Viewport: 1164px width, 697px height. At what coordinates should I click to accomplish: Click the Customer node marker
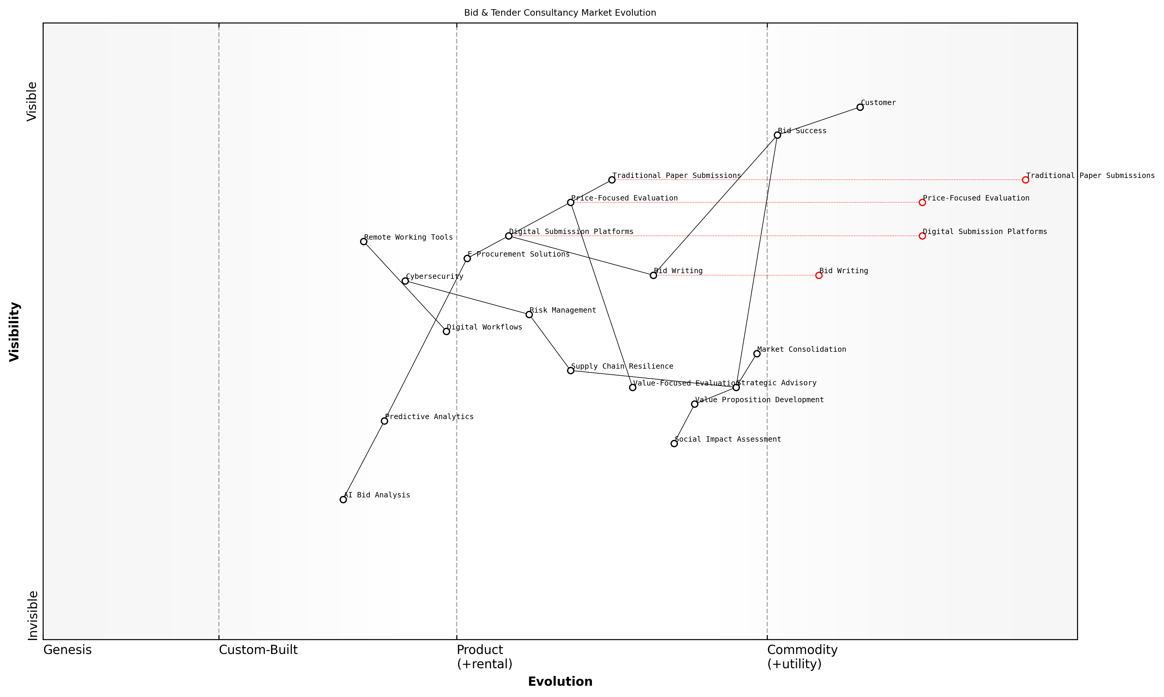(x=860, y=107)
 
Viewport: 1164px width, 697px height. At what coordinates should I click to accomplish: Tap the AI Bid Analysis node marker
(x=343, y=499)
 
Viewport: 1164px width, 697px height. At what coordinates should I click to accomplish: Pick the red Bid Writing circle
(x=819, y=275)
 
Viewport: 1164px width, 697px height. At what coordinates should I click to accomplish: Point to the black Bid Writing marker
(x=653, y=275)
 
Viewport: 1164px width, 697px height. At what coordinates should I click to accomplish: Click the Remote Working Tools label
(x=408, y=237)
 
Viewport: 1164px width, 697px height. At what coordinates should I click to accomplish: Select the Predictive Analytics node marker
(x=385, y=421)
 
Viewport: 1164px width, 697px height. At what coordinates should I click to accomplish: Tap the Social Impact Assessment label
(x=728, y=439)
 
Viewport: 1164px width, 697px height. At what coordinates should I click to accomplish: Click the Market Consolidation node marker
(x=757, y=354)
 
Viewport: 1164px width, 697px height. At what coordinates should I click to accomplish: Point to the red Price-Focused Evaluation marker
(x=922, y=203)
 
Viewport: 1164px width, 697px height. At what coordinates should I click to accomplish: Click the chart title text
(x=560, y=13)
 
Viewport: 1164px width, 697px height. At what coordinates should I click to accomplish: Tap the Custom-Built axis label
(x=258, y=650)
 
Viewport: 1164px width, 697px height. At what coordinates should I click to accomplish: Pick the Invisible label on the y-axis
(x=32, y=615)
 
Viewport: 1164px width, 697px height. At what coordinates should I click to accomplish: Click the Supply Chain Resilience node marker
(x=571, y=370)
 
